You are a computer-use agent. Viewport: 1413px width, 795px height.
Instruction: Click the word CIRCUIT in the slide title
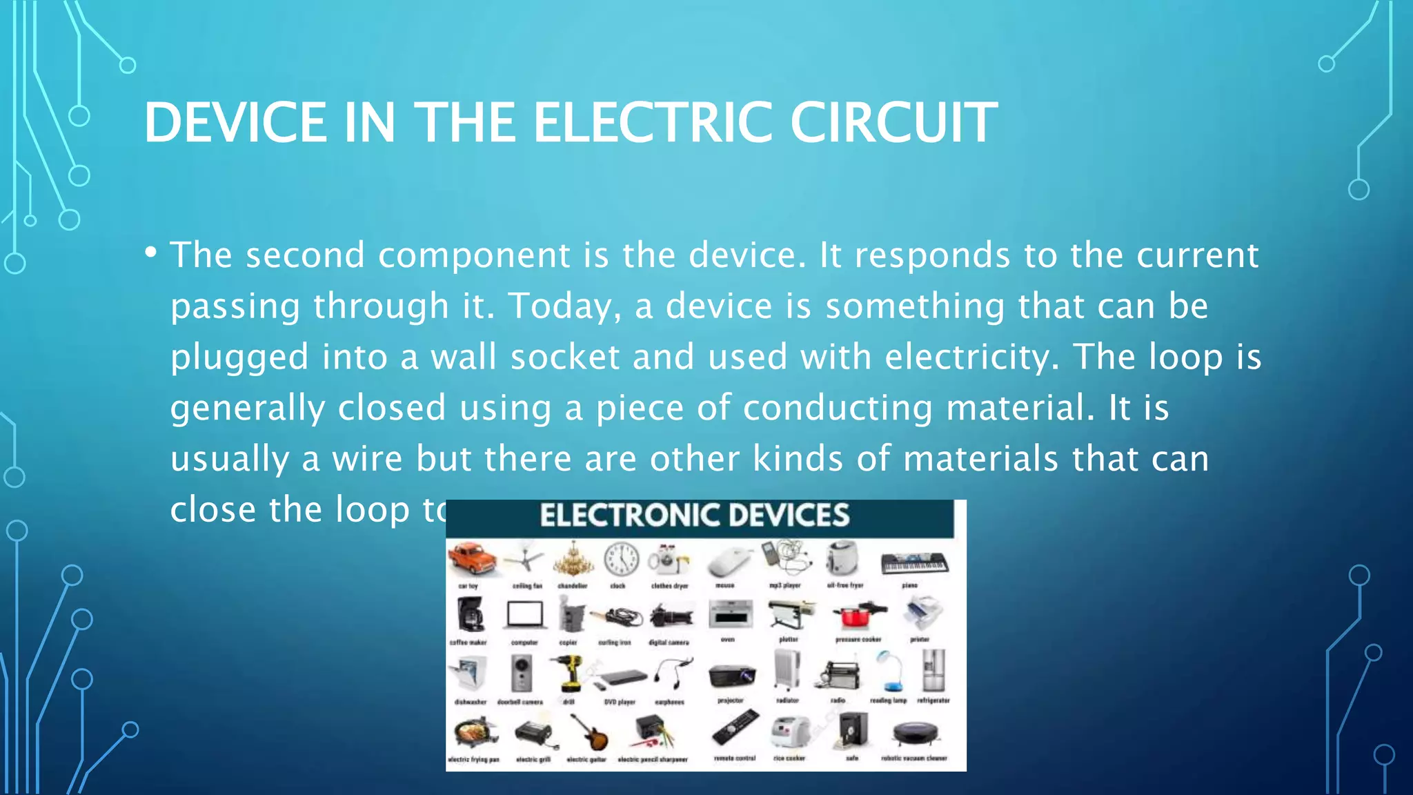coord(893,123)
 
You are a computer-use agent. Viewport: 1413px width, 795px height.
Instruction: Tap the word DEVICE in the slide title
coord(235,123)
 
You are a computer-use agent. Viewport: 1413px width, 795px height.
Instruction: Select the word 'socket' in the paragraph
coord(564,357)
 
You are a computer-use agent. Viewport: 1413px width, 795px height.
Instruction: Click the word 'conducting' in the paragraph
coord(837,408)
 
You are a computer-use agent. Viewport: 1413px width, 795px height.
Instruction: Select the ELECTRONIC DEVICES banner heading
coord(694,516)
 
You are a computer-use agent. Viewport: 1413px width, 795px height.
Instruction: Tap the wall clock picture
coord(621,560)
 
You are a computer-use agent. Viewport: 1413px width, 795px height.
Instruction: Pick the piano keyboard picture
coord(914,563)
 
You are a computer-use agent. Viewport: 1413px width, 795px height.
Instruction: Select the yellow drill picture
coord(569,672)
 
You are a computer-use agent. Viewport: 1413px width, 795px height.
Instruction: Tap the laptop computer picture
coord(525,614)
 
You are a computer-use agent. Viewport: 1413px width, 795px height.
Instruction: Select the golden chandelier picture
coord(573,560)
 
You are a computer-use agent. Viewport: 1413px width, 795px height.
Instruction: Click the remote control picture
coord(735,729)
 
